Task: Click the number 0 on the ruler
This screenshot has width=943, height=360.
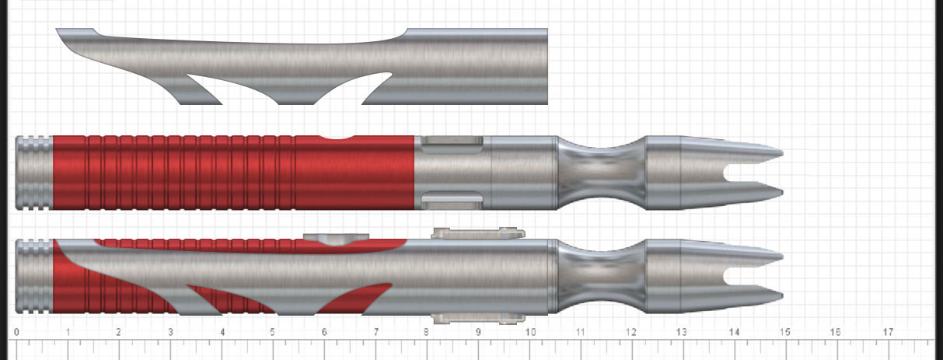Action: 17,332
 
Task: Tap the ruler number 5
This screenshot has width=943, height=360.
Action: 273,332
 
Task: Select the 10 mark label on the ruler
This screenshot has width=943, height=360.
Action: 529,332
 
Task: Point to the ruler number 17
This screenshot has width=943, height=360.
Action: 888,332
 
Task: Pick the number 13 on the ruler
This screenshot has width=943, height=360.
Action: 683,332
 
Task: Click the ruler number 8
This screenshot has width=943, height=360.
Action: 427,332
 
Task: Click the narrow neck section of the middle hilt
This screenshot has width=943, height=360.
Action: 602,173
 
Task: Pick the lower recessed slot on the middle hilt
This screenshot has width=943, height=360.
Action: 452,201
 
